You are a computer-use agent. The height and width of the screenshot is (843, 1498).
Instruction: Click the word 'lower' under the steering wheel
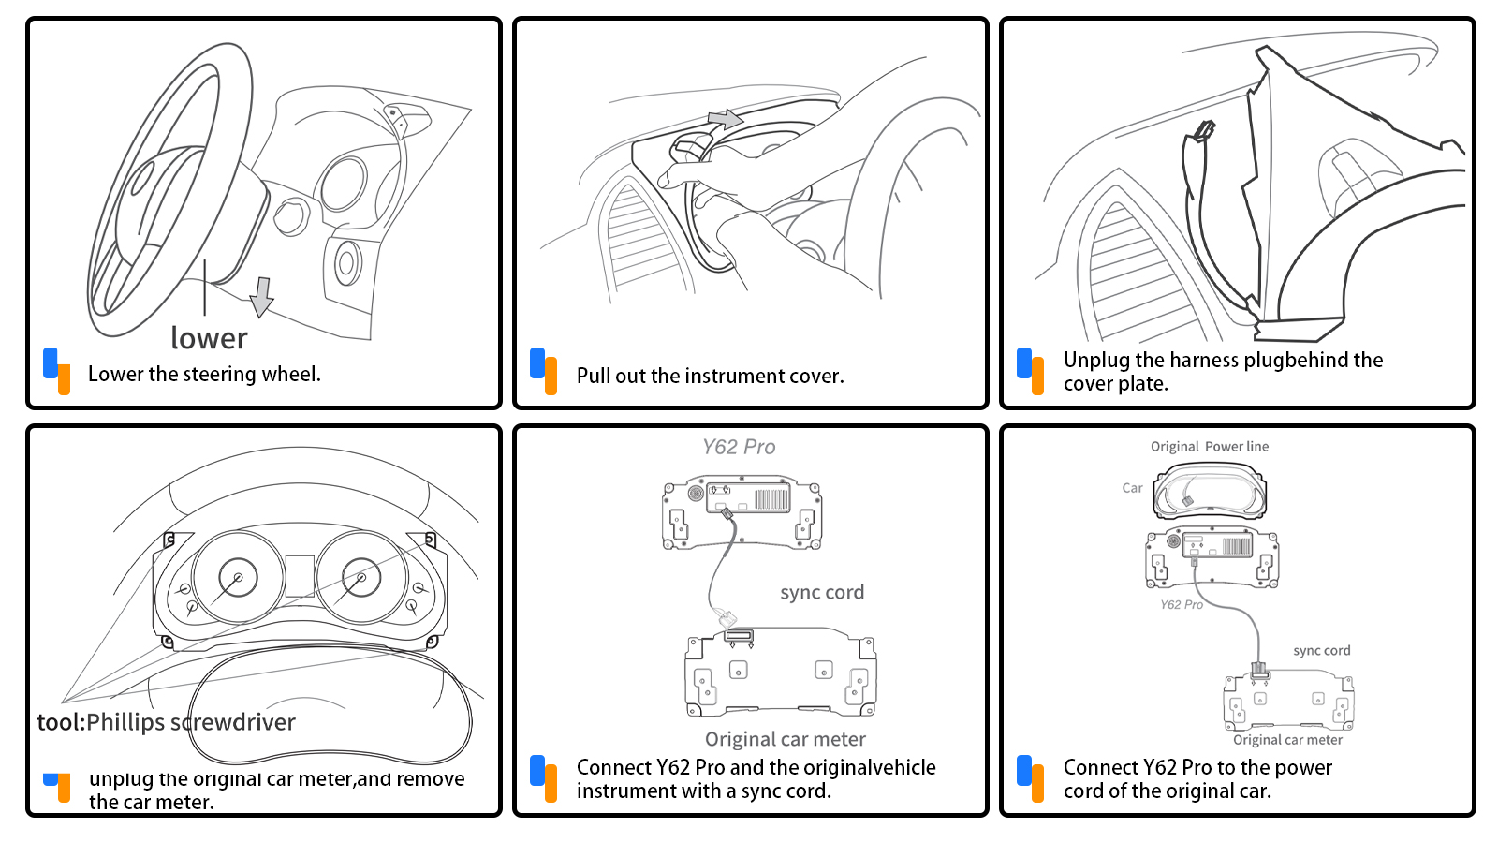click(x=209, y=338)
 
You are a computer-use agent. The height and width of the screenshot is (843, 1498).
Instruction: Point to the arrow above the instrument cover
click(x=725, y=120)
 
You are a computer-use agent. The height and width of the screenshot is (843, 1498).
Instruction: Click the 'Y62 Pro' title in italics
click(x=739, y=447)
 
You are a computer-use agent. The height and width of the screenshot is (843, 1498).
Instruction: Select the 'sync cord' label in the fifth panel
click(x=822, y=592)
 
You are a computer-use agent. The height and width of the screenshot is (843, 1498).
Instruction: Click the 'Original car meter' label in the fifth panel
click(x=785, y=739)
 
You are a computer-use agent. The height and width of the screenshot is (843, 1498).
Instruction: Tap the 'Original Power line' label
click(x=1210, y=447)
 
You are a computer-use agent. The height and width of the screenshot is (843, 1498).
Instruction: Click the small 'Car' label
click(x=1132, y=488)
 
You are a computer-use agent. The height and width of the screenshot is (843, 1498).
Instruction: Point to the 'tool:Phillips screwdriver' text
click(x=166, y=722)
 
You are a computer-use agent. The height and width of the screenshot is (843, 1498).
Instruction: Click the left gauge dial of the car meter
click(x=237, y=578)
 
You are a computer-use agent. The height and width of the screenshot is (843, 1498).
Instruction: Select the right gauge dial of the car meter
click(x=360, y=578)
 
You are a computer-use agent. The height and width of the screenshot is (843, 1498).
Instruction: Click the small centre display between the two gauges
click(x=300, y=575)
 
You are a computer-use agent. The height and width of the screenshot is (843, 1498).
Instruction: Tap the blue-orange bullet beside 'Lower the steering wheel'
click(x=57, y=371)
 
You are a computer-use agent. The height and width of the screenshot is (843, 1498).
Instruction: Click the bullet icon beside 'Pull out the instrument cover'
click(x=544, y=371)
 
